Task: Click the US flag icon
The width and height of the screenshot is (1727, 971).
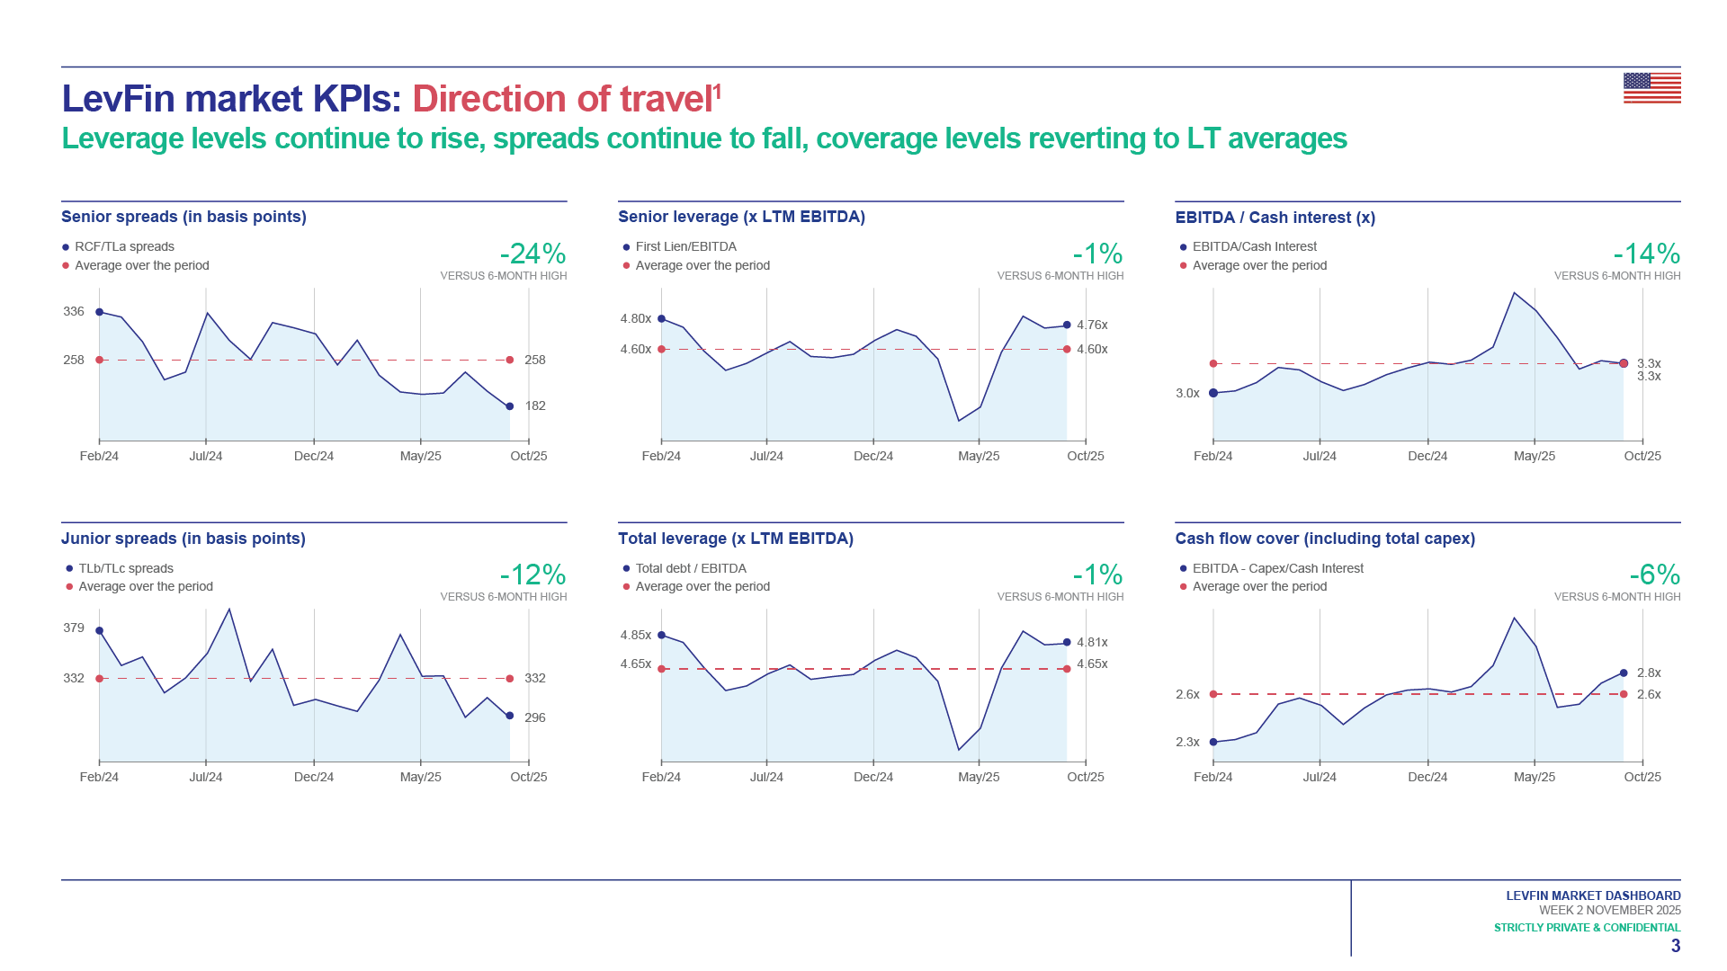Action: click(1651, 88)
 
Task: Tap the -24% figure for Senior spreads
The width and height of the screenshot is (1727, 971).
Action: click(532, 254)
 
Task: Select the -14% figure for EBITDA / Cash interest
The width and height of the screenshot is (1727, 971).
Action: click(1646, 254)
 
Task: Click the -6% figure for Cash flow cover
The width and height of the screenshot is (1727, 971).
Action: click(1654, 575)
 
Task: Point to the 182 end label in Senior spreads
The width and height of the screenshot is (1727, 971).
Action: click(535, 405)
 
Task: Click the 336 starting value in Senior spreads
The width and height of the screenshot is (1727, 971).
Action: click(74, 311)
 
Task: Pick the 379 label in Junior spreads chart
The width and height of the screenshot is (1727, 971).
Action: click(74, 628)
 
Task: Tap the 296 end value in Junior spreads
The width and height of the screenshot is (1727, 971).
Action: click(535, 717)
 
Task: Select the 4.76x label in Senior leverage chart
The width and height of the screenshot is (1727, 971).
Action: click(1092, 325)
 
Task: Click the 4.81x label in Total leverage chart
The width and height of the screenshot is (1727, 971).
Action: click(1092, 642)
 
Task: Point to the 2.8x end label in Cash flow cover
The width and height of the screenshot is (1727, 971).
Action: click(1649, 673)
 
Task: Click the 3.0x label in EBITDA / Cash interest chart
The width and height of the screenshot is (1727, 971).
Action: click(1187, 393)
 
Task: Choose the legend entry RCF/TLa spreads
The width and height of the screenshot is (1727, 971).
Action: click(124, 246)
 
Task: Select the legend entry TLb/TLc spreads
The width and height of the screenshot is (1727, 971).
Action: click(126, 568)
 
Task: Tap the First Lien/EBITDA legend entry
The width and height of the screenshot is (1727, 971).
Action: click(685, 246)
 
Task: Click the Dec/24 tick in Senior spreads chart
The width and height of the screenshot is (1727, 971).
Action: click(314, 456)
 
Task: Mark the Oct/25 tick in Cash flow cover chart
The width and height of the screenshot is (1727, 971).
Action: click(1642, 777)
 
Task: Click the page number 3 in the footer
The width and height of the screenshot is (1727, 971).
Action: click(1676, 946)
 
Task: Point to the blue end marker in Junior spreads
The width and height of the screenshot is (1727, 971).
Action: click(510, 716)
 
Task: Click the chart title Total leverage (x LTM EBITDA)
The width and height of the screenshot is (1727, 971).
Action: click(735, 539)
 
